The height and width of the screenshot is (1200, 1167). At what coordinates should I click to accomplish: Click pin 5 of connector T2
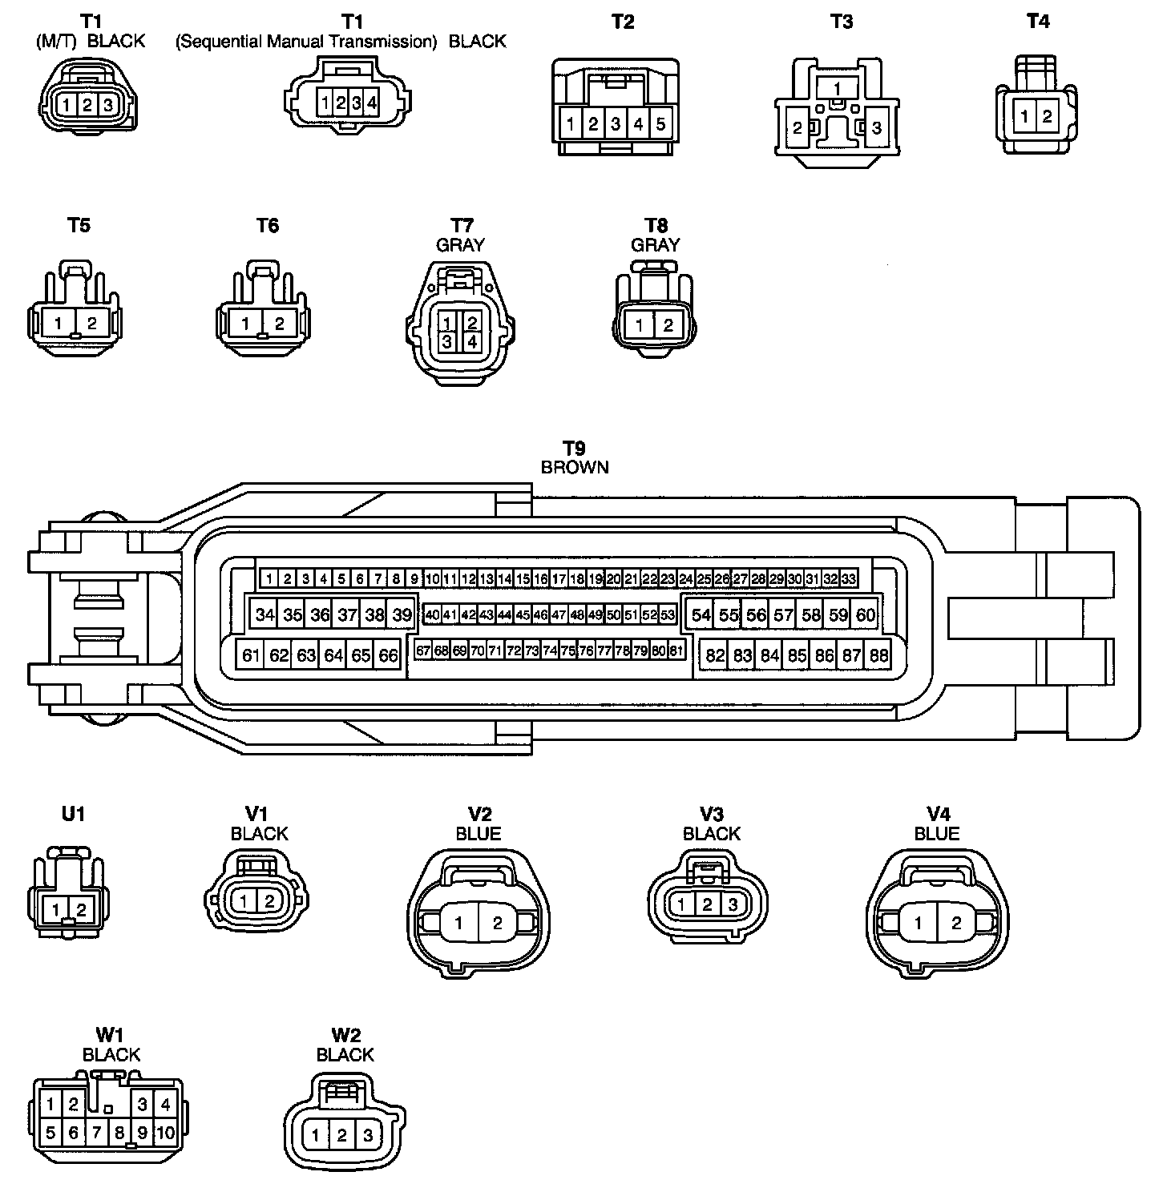tap(660, 124)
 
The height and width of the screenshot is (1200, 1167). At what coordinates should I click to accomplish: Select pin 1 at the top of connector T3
tap(837, 88)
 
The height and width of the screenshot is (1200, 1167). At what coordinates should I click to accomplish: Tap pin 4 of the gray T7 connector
tap(472, 342)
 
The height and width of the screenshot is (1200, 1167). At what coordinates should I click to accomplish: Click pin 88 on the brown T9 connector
tap(879, 655)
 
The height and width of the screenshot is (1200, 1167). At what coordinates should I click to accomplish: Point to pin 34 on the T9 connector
tap(265, 615)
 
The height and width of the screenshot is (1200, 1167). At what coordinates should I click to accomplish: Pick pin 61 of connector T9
tap(251, 655)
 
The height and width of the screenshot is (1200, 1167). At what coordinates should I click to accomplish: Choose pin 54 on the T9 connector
tap(701, 615)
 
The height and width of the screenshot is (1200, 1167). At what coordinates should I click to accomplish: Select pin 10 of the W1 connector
tap(165, 1133)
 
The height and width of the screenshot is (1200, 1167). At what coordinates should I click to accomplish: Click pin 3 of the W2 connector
tap(368, 1135)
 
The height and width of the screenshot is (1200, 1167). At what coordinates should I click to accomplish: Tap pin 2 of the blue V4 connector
tap(955, 923)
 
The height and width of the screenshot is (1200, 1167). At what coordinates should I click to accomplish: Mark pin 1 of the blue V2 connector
tap(458, 923)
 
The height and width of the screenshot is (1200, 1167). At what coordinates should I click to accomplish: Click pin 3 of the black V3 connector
tap(733, 905)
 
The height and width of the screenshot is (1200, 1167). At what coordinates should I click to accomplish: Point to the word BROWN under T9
tap(575, 467)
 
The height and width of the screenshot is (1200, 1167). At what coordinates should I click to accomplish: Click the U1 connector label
tap(73, 814)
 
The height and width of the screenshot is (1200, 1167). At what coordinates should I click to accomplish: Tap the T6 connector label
tap(268, 226)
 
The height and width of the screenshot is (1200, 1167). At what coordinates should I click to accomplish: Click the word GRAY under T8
tap(656, 245)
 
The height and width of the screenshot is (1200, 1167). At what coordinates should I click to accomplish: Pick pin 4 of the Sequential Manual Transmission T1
tap(372, 103)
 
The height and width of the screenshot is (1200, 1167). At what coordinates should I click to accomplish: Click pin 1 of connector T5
tap(59, 324)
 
